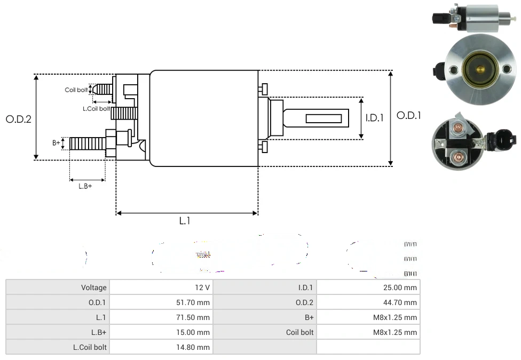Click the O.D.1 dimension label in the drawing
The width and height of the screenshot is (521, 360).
[x=409, y=115]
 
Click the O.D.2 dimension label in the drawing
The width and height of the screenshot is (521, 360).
[x=19, y=119]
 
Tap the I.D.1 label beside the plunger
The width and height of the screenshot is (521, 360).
[x=375, y=118]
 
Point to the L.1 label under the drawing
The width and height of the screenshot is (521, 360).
[x=185, y=221]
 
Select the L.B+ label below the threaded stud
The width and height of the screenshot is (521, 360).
[x=85, y=186]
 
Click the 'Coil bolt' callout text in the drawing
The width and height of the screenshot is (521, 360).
[x=76, y=90]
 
